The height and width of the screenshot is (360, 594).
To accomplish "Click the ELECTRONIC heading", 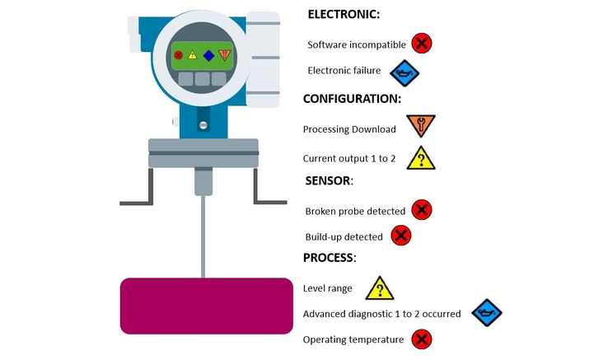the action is point(344,14).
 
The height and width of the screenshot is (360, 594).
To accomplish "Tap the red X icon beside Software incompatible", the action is point(422,43).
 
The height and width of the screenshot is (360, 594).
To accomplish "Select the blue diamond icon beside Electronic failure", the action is point(405,73).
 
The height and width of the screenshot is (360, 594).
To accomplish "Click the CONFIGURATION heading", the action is point(352,99).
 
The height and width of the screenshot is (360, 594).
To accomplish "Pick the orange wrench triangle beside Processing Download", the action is point(421,125).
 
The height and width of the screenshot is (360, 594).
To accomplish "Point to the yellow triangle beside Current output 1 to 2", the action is point(421,158).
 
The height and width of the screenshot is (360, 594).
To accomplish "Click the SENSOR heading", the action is point(329,180).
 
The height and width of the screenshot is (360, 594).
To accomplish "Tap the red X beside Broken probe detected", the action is point(422,210).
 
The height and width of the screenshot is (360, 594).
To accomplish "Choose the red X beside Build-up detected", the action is point(400,236).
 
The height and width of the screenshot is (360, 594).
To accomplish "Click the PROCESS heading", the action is point(330,258).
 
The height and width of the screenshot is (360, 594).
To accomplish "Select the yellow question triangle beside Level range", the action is point(380,288).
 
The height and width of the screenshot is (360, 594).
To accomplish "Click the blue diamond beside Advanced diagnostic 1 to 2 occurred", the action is point(487,313).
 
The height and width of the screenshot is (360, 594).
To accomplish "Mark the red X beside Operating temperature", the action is point(422,339).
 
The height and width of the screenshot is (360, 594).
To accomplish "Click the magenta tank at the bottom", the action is point(207,306).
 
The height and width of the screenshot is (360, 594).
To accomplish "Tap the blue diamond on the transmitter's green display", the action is point(208,56).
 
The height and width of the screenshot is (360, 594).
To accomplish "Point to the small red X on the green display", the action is point(179,55).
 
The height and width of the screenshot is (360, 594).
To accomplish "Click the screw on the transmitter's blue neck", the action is point(203,125).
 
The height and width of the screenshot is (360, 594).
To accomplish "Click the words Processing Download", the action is point(349,129).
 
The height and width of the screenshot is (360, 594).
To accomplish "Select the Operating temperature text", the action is point(353,340).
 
